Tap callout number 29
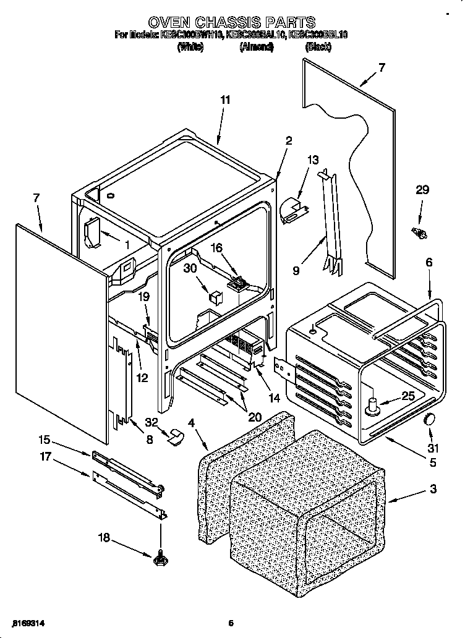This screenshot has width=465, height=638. pyautogui.click(x=422, y=190)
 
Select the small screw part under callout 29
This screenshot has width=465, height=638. pyautogui.click(x=419, y=233)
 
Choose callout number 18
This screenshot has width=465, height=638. pyautogui.click(x=104, y=538)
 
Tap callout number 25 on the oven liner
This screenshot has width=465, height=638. pyautogui.click(x=407, y=396)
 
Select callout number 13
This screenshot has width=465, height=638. pyautogui.click(x=314, y=160)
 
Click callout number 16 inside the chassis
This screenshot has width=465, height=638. pyautogui.click(x=216, y=247)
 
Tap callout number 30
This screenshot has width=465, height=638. pyautogui.click(x=190, y=268)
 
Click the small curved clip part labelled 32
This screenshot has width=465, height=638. pyautogui.click(x=176, y=436)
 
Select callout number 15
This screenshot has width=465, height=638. pyautogui.click(x=44, y=440)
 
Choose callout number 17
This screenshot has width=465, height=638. pyautogui.click(x=44, y=459)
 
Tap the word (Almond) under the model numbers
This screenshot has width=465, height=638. pyautogui.click(x=256, y=48)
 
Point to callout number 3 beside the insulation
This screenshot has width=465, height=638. pyautogui.click(x=433, y=490)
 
